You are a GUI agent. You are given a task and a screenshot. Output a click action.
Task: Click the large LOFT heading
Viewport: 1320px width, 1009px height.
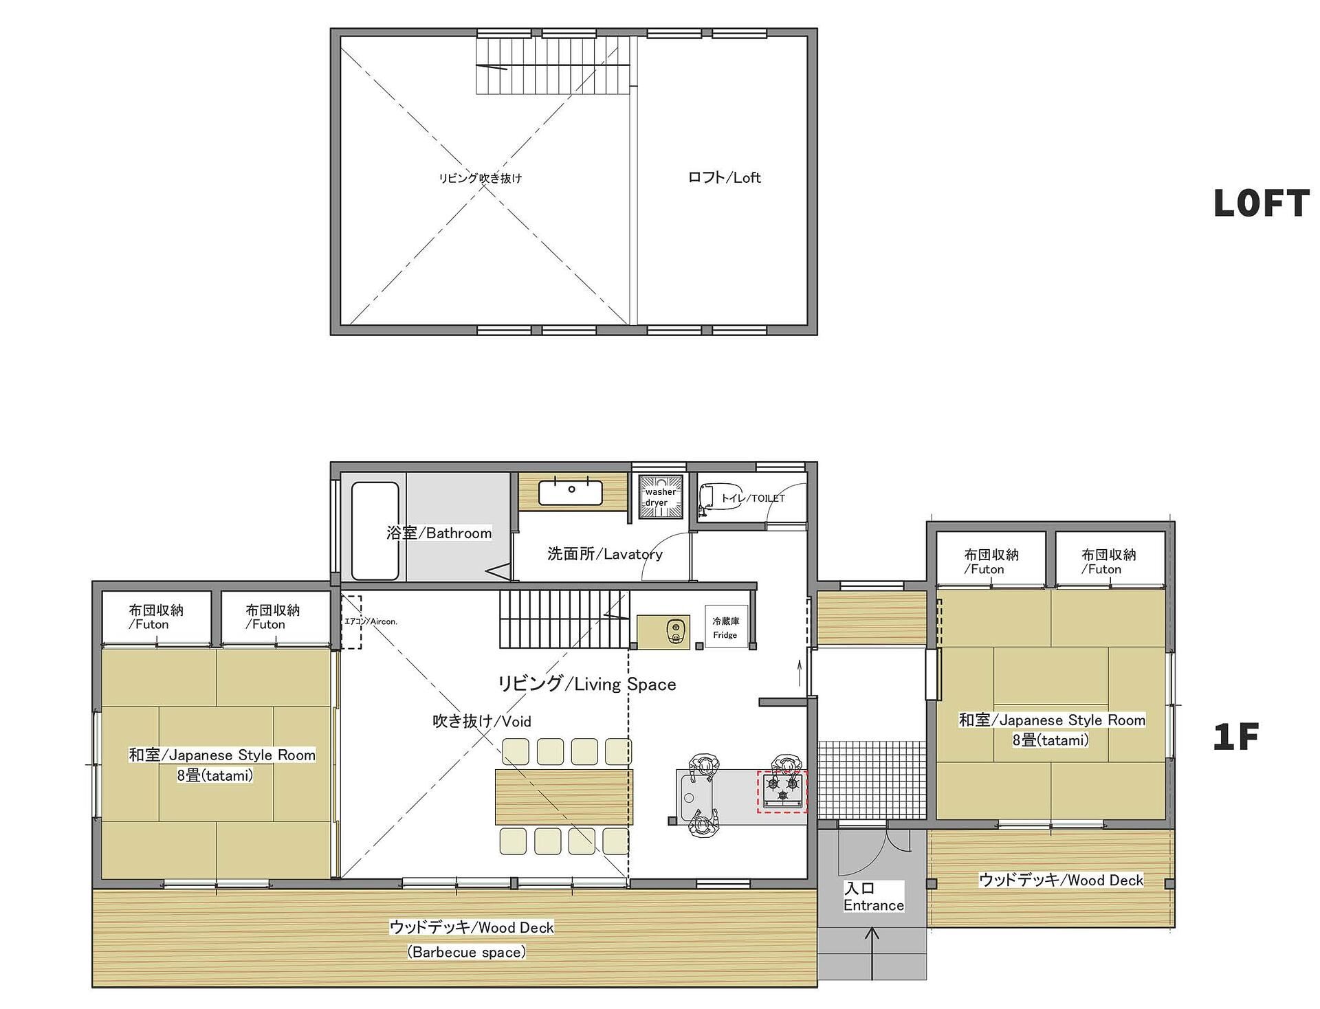[x=1261, y=203]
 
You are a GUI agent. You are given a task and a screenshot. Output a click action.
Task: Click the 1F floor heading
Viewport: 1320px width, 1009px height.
[x=1235, y=737]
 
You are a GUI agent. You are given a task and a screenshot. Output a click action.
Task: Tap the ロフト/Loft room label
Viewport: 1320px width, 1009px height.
[x=724, y=177]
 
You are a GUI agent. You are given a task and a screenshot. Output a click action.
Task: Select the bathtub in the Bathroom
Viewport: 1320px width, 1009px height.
[x=375, y=531]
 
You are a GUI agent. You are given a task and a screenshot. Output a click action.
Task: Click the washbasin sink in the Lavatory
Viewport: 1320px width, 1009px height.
[x=570, y=492]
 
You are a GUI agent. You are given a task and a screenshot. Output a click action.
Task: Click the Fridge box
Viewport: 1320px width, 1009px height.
[x=725, y=626]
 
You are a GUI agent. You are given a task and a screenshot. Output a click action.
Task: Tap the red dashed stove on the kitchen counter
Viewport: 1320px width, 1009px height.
[x=782, y=792]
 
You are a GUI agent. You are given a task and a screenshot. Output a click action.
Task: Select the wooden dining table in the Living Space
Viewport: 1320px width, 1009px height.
[x=564, y=797]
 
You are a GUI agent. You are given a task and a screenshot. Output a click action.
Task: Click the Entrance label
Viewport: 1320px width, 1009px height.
[x=873, y=905]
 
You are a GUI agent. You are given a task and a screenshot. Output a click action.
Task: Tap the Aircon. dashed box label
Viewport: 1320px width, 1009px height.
[x=371, y=621]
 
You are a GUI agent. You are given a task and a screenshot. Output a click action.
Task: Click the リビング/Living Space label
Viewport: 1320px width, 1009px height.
[x=587, y=683]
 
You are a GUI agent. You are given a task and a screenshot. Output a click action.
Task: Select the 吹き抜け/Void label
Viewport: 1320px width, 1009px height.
[x=482, y=721]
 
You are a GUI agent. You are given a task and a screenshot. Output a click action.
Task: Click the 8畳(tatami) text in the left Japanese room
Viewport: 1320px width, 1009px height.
[x=215, y=775]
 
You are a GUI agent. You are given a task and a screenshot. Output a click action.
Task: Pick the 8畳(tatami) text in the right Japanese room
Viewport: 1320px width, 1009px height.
[x=1050, y=740]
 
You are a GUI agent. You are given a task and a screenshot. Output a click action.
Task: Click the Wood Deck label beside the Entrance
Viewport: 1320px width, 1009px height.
[x=1061, y=880]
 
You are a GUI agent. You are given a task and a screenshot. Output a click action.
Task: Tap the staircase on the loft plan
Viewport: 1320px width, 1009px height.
[x=552, y=65]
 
